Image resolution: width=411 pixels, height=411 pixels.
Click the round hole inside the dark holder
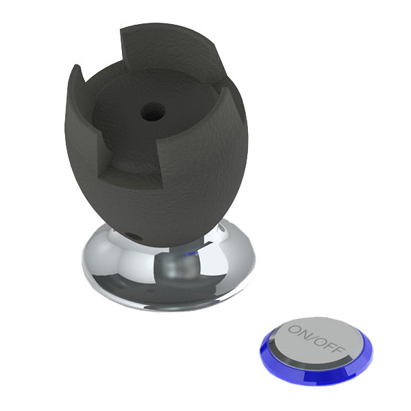click(x=153, y=112)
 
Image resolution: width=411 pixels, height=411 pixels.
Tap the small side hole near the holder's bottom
click(x=133, y=237)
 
